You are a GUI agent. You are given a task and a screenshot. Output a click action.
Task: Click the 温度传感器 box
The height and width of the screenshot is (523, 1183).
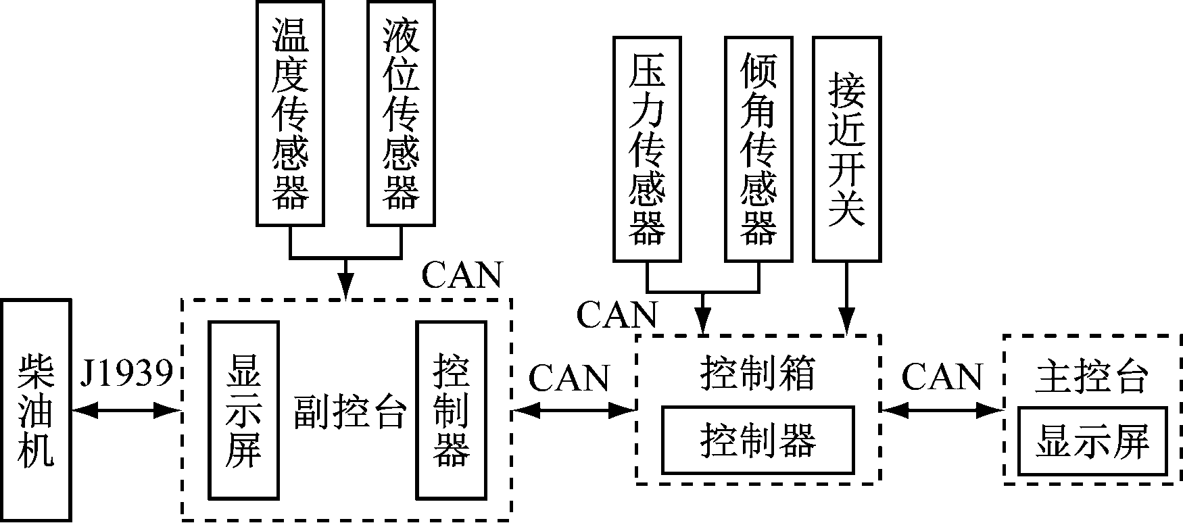(x=290, y=113)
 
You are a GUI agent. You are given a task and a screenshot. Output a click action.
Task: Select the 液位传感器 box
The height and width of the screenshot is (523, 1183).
(x=401, y=113)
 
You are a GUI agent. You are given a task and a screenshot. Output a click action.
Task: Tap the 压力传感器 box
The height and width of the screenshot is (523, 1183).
(x=647, y=149)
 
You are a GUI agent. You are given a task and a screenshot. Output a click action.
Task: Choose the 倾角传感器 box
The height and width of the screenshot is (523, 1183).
(x=758, y=149)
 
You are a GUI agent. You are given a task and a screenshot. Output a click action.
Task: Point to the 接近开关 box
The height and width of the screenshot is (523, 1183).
(x=846, y=149)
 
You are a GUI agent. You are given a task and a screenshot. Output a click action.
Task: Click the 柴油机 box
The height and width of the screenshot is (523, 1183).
(x=36, y=410)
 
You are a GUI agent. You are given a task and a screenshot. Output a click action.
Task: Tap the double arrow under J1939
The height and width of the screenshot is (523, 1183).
(x=126, y=409)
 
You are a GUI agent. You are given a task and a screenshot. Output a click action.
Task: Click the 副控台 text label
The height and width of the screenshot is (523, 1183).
(x=349, y=412)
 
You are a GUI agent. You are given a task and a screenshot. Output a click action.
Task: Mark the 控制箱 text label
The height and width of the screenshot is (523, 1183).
(x=757, y=373)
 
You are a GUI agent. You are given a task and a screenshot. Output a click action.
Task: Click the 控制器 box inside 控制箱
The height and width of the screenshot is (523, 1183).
(x=757, y=440)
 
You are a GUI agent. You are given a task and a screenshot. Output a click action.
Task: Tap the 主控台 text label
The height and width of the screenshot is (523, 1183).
(x=1091, y=376)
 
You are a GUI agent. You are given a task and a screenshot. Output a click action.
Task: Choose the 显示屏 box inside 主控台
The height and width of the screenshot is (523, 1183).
(x=1092, y=441)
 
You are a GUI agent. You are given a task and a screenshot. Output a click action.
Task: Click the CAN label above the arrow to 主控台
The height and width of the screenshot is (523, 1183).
(x=942, y=376)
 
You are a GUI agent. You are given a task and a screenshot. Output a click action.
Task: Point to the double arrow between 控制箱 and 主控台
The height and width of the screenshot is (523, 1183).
(x=942, y=409)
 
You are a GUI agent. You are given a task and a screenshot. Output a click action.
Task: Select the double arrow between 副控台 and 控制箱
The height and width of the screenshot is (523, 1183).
(x=574, y=409)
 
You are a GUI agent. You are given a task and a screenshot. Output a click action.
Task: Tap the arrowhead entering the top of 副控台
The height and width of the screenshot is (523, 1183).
(x=346, y=288)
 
